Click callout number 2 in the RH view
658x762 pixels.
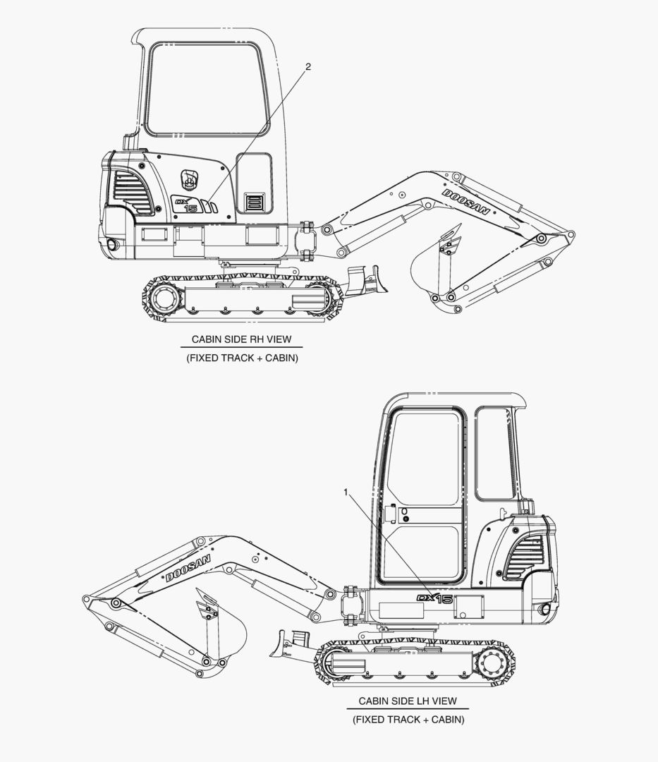pyautogui.click(x=308, y=67)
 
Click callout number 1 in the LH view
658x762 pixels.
pyautogui.click(x=346, y=492)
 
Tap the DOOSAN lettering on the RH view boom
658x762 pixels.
pyautogui.click(x=465, y=202)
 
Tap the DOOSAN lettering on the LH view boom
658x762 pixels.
pyautogui.click(x=188, y=568)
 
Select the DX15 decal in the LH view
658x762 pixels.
pyautogui.click(x=434, y=599)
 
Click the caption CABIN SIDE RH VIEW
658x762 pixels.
pyautogui.click(x=241, y=339)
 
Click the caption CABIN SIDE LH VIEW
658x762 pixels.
pyautogui.click(x=408, y=701)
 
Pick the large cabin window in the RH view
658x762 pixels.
pyautogui.click(x=208, y=89)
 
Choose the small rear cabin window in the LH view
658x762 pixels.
pyautogui.click(x=494, y=454)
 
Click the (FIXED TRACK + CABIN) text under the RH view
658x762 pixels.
pyautogui.click(x=242, y=358)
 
